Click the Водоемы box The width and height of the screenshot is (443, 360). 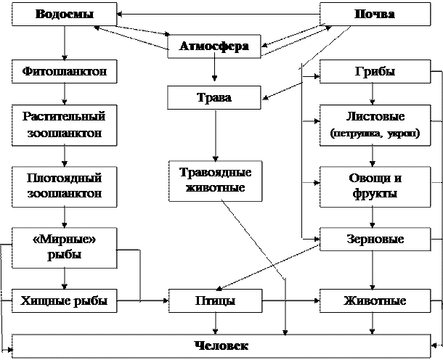(x=65, y=15)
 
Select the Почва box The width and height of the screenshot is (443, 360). (x=375, y=15)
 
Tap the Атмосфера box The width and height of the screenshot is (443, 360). (x=214, y=46)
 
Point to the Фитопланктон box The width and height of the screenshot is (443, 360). (x=65, y=71)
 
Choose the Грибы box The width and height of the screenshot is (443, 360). (x=375, y=71)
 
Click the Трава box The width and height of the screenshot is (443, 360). (x=214, y=97)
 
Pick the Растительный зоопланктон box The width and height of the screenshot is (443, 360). (x=65, y=125)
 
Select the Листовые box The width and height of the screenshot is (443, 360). (x=375, y=124)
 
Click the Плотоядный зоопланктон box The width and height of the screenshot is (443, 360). (x=65, y=186)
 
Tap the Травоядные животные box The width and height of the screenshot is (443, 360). (x=214, y=180)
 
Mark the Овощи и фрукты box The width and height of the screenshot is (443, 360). (x=375, y=186)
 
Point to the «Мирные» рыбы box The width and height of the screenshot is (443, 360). (x=65, y=247)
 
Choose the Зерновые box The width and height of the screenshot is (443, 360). (x=375, y=239)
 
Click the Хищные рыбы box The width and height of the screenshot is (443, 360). (x=65, y=300)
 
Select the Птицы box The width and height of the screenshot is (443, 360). (x=214, y=300)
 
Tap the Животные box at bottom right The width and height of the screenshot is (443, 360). (x=375, y=300)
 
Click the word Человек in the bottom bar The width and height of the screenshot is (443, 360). (x=221, y=345)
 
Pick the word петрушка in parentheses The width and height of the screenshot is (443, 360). (x=357, y=134)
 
